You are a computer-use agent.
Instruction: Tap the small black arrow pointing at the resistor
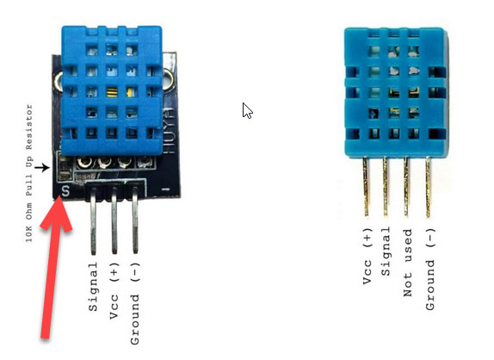pos(42,167)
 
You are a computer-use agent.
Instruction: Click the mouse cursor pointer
pos(247,110)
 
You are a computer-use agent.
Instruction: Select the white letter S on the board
pos(65,191)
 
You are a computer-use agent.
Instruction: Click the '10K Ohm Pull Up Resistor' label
pos(29,173)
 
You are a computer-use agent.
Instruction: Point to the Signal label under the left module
pos(93,287)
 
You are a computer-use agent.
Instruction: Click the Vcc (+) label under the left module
pos(114,290)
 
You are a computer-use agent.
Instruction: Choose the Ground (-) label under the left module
pos(134,303)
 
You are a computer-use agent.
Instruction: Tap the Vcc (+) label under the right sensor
pos(367,256)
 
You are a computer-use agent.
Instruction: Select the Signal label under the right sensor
pos(386,251)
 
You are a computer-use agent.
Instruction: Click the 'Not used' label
pos(408,263)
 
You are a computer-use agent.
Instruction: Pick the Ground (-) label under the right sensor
pos(430,269)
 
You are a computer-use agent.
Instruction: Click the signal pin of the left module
pos(93,220)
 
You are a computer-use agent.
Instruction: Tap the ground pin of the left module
pos(135,220)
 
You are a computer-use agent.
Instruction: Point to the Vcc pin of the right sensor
pos(366,187)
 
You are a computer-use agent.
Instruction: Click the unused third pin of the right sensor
pos(406,187)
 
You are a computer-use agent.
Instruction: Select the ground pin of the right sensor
pos(428,187)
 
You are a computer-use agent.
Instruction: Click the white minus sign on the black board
pos(165,189)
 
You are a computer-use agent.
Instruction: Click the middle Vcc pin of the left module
pos(114,220)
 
